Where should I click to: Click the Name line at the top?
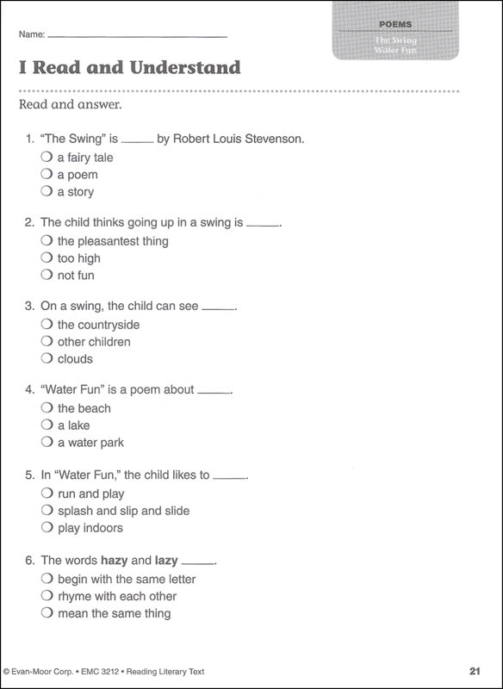pyautogui.click(x=138, y=36)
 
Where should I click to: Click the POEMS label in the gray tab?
pyautogui.click(x=395, y=25)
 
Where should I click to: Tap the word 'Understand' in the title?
pyautogui.click(x=184, y=67)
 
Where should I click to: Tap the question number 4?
pyautogui.click(x=30, y=390)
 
